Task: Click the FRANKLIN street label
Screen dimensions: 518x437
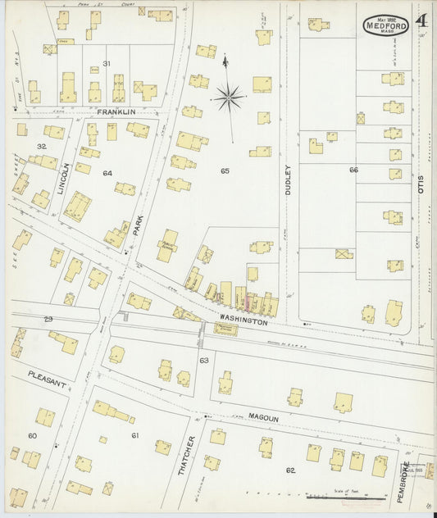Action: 115,111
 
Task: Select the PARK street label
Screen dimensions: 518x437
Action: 139,226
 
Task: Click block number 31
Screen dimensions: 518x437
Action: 107,63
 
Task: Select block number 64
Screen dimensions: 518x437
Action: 107,173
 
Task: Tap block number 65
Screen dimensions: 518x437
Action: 225,170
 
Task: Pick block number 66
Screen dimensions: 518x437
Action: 353,170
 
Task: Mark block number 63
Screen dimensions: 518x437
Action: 203,360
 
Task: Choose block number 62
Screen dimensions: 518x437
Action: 289,470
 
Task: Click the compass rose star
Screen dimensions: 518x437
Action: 229,98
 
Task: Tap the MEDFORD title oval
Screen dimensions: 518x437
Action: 386,24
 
